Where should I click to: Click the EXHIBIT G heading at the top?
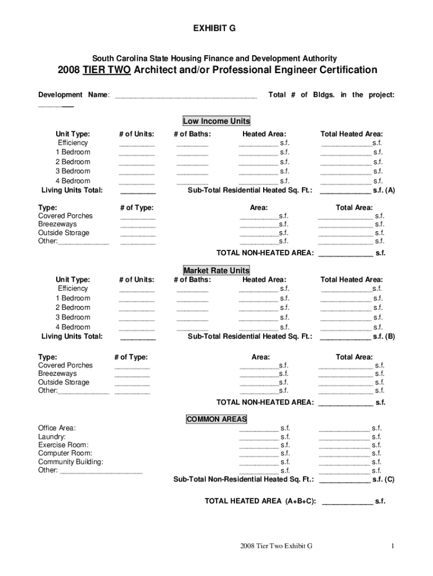tap(216, 29)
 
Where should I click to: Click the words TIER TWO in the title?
tap(106, 70)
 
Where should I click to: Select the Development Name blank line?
tap(186, 96)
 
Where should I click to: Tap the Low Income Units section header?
tap(216, 121)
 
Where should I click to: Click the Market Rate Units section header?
tap(216, 271)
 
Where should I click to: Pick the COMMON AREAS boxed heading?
tap(216, 419)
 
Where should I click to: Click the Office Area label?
tap(57, 428)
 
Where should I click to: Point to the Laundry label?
tap(52, 436)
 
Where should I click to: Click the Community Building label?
tap(70, 462)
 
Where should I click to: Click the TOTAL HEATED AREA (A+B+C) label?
tap(260, 501)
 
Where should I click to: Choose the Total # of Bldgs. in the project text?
tap(331, 95)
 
